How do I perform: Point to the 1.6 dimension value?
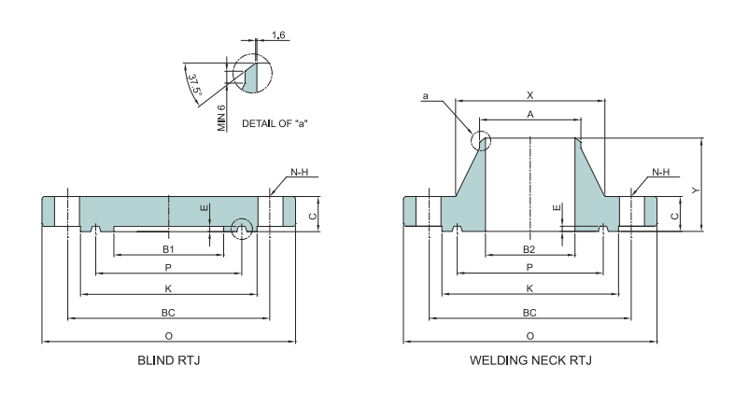pos(278,35)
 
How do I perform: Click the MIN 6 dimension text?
pos(222,118)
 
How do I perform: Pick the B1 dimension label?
pos(168,249)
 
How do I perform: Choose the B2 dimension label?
pos(529,249)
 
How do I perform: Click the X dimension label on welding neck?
pos(529,95)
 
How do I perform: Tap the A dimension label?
pos(529,114)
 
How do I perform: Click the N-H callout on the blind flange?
pos(299,173)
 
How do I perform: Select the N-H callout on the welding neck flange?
pos(660,173)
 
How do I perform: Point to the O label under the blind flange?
pos(168,335)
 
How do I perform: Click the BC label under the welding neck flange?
pos(529,312)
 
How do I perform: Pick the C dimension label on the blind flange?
pos(313,216)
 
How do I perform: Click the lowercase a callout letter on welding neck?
pos(425,95)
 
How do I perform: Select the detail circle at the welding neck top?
pos(481,141)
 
